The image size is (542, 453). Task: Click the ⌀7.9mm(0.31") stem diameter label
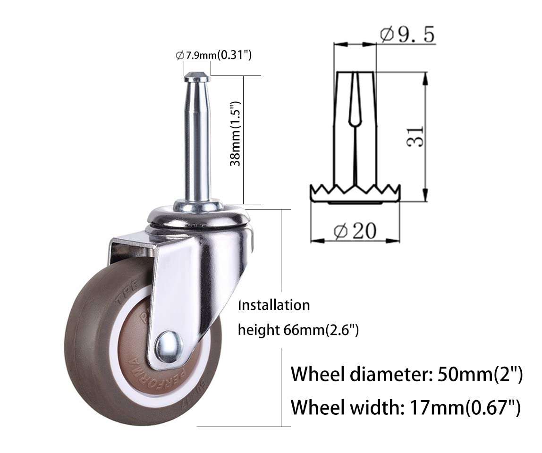click(213, 55)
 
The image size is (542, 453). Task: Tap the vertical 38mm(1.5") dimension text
click(236, 134)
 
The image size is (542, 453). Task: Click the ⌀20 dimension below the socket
click(356, 231)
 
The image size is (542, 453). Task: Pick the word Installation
click(274, 305)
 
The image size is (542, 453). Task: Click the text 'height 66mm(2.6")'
click(298, 329)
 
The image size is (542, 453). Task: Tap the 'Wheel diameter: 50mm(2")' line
click(406, 374)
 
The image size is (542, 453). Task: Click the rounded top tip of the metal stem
click(197, 75)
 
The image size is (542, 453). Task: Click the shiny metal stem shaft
click(197, 142)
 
